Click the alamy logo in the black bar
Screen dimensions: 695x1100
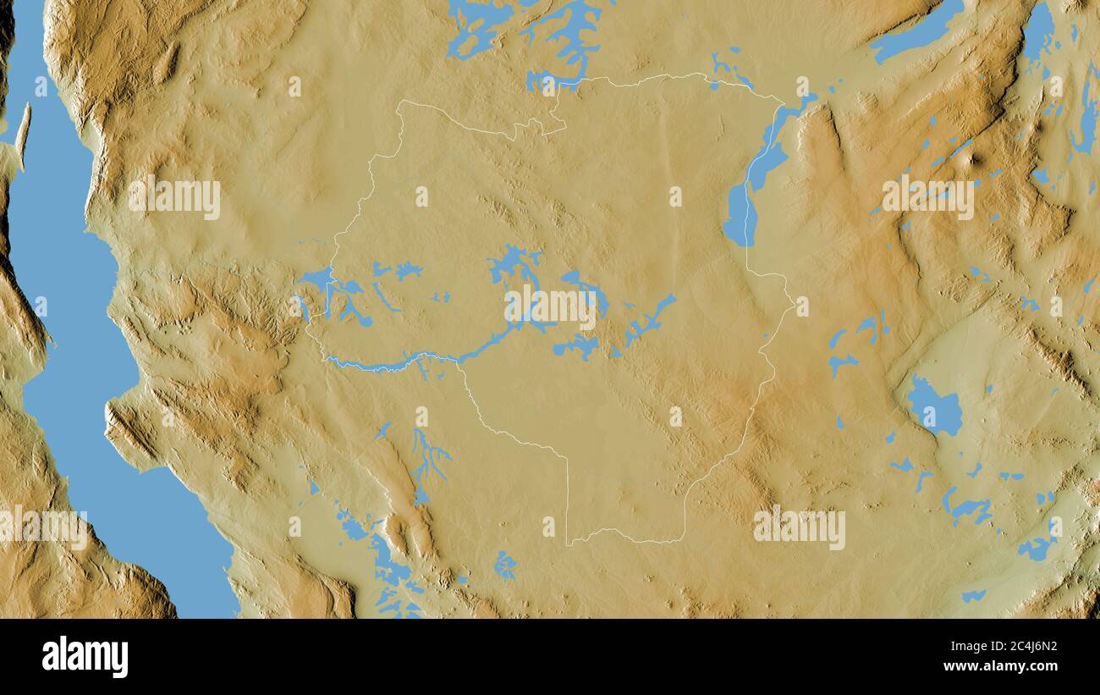click(x=85, y=657)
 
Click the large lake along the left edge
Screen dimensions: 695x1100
click(x=68, y=339)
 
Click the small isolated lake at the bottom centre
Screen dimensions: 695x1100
click(x=505, y=565)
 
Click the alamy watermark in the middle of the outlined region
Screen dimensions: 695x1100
click(x=550, y=307)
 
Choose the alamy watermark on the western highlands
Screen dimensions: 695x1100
click(x=174, y=197)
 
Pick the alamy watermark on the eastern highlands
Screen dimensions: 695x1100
click(x=927, y=197)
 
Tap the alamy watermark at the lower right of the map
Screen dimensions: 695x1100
click(x=799, y=527)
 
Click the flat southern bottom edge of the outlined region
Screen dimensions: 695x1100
click(x=626, y=538)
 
